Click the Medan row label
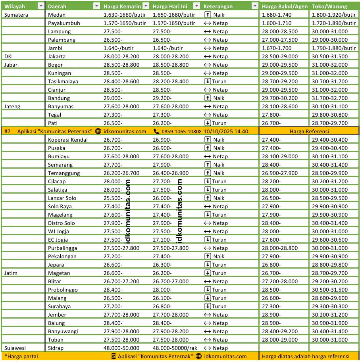point(56,15)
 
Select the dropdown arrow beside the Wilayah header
point(40,6)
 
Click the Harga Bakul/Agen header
point(284,6)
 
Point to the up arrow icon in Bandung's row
point(208,98)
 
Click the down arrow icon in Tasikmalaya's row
point(208,81)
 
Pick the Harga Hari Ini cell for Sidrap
point(175,348)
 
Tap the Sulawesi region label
point(15,348)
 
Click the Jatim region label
point(11,273)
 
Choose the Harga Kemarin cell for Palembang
point(113,40)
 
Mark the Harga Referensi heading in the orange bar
point(309,131)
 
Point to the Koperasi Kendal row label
point(67,140)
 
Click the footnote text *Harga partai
point(21,356)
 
